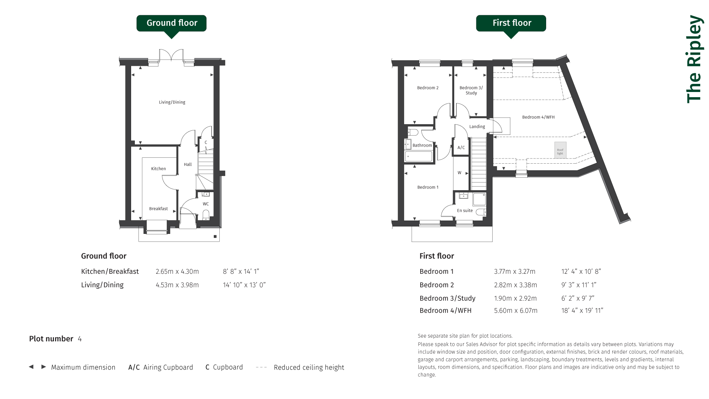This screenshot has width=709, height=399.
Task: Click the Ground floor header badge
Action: [171, 23]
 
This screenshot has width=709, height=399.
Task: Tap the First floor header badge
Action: [511, 23]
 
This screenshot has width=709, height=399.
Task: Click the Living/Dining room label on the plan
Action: [172, 102]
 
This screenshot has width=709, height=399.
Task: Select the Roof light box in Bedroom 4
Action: [560, 150]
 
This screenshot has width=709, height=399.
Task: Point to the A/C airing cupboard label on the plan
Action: [461, 148]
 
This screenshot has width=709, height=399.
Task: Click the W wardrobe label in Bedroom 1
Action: [459, 173]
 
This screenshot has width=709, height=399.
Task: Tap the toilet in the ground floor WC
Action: [206, 215]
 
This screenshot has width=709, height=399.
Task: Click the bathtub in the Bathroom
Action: [419, 157]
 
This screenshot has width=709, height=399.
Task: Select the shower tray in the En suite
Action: [479, 199]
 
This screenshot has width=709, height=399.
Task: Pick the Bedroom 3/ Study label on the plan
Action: [471, 91]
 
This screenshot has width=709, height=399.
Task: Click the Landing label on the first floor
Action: [477, 127]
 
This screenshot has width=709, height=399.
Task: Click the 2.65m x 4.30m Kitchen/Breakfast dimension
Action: [177, 272]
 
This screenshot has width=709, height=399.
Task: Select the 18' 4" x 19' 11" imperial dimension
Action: [582, 311]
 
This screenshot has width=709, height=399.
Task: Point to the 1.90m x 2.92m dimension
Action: [516, 299]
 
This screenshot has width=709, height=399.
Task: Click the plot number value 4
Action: [80, 339]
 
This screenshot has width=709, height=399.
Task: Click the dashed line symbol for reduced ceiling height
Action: [261, 367]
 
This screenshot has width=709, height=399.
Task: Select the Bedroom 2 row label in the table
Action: [436, 285]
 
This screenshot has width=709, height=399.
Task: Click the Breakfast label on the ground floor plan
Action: [158, 209]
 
